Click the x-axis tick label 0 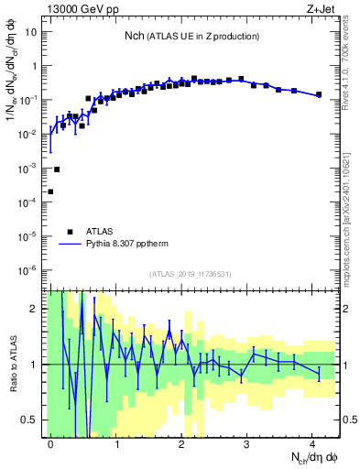(50, 442)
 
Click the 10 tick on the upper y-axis (32, 32)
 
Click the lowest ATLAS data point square (50, 191)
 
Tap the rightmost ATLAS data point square (318, 94)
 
